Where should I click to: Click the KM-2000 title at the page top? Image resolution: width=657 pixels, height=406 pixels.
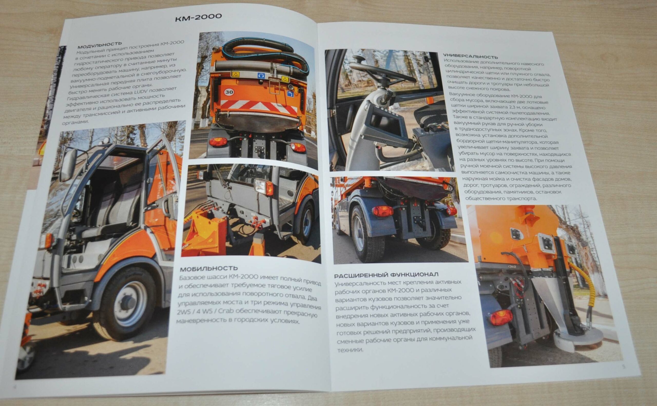198,16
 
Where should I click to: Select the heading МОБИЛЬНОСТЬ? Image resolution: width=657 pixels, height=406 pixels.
209,268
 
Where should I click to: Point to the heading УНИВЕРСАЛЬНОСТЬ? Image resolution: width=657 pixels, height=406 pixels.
471,57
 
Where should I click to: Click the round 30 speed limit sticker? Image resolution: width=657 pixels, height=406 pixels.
229,92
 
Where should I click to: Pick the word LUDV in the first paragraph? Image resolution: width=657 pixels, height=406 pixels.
144,92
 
